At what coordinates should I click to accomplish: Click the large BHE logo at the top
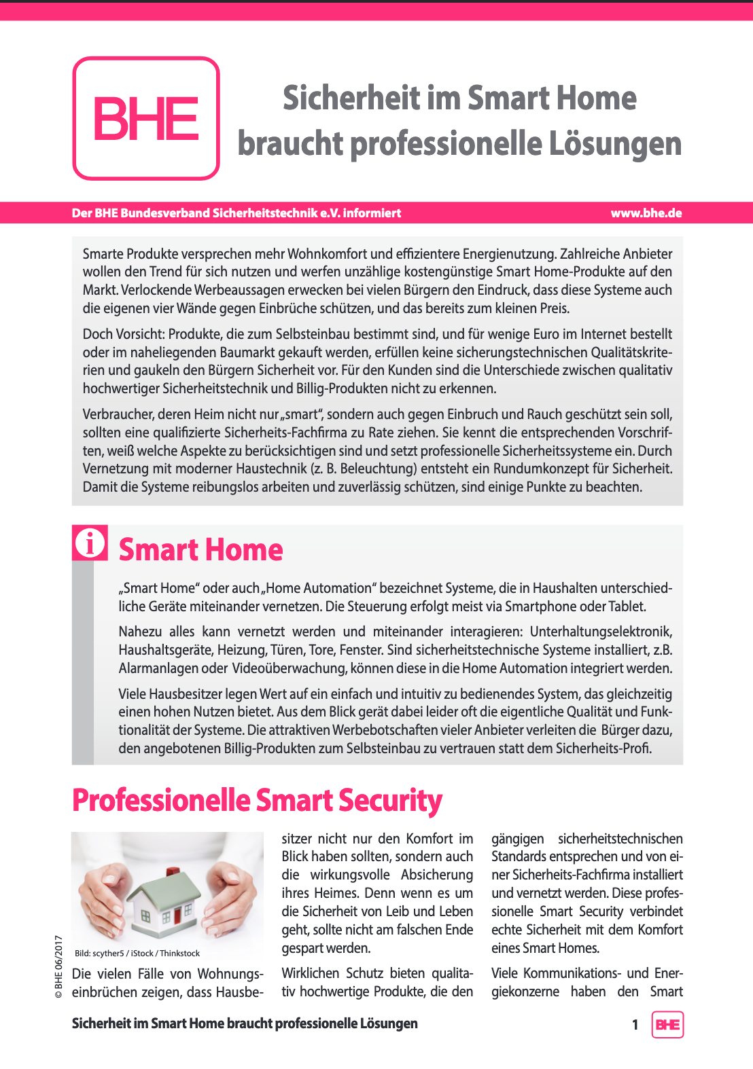[146, 118]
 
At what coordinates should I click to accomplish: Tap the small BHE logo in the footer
[667, 1025]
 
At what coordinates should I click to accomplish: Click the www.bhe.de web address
[646, 213]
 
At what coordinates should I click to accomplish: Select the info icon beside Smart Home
[90, 543]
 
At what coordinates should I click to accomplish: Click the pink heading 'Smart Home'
[200, 549]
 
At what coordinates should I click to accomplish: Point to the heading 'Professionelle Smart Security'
[257, 801]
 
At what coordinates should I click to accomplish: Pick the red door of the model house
[178, 913]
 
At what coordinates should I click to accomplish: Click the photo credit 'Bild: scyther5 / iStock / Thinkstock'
[137, 954]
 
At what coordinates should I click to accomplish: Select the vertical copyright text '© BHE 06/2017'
[58, 967]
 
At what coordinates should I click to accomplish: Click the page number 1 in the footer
[635, 1025]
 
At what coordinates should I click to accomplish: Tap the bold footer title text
[245, 1023]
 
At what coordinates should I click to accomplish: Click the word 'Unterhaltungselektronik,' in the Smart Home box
[601, 632]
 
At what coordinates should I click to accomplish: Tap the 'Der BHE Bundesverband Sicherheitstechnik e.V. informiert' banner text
[237, 213]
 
